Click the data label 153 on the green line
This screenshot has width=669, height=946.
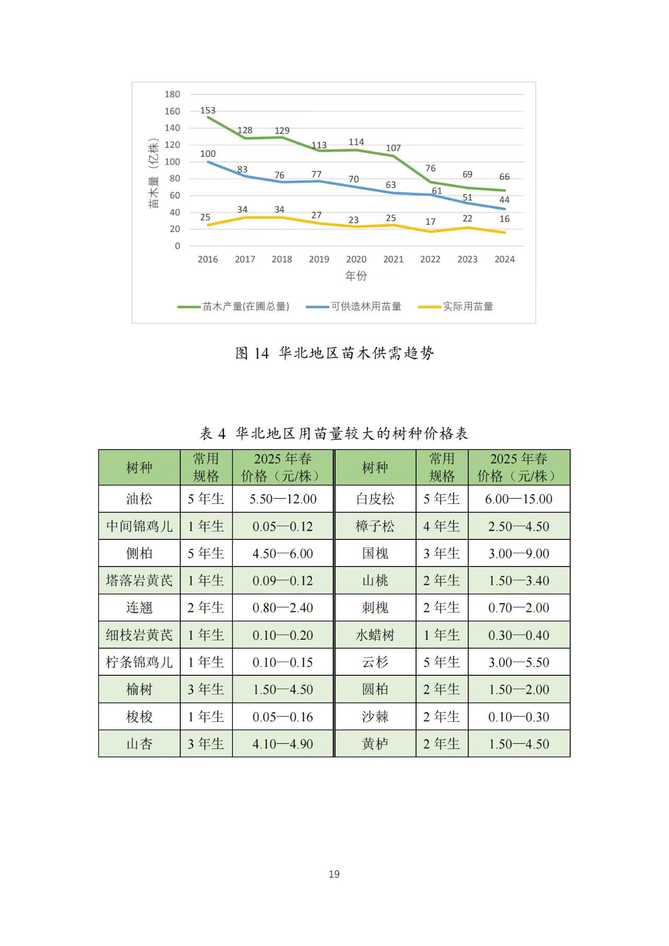click(x=207, y=110)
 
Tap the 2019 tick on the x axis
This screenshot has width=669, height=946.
click(x=319, y=259)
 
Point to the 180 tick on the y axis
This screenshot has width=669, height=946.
click(x=172, y=95)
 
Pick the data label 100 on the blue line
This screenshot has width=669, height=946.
click(x=207, y=154)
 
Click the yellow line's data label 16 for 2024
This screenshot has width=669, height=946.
click(x=504, y=219)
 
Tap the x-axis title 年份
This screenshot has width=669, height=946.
click(x=356, y=276)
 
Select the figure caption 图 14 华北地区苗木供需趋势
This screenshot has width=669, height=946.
click(x=334, y=353)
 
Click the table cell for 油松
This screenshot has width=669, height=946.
click(x=139, y=499)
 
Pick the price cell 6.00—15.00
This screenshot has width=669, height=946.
click(x=518, y=499)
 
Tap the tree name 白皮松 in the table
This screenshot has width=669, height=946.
click(x=375, y=499)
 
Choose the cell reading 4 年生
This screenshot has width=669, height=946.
click(x=442, y=526)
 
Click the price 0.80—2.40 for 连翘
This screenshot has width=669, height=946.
click(x=283, y=608)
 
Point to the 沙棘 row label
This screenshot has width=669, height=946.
click(x=375, y=717)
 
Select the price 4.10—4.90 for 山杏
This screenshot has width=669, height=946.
click(x=283, y=744)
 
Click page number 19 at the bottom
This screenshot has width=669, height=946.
click(x=334, y=874)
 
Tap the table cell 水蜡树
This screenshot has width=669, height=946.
click(x=375, y=635)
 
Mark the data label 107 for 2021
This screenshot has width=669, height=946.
click(x=393, y=148)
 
